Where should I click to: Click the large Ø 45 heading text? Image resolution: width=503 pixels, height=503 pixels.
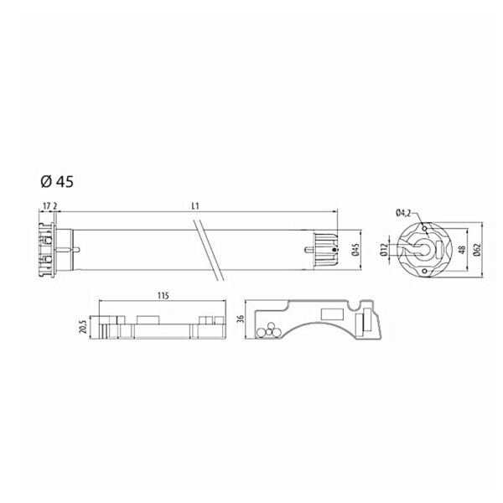[57, 182]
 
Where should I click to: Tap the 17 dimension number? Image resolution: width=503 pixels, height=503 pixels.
[46, 206]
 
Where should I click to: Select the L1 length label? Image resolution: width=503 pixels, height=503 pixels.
[195, 206]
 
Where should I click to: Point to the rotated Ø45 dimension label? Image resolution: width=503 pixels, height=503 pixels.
[355, 249]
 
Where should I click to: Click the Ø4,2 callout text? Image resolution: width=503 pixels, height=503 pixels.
[403, 213]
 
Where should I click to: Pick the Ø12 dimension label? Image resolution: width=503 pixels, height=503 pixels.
[383, 250]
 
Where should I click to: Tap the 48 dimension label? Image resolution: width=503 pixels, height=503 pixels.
[462, 250]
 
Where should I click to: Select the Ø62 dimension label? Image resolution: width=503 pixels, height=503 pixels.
[477, 250]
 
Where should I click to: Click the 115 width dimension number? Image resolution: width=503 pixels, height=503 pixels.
[163, 295]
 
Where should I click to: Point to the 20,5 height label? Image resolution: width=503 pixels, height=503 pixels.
[83, 327]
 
